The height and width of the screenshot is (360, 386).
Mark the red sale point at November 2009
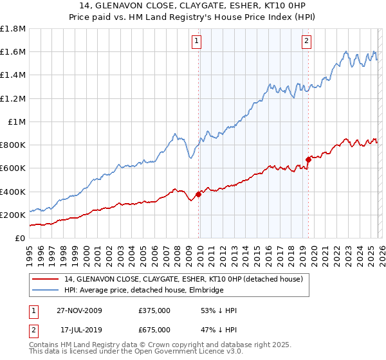[198, 194]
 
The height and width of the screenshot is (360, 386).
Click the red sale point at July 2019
[308, 159]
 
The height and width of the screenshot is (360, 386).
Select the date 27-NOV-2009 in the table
[79, 310]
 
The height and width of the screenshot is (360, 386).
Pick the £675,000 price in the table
[154, 330]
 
